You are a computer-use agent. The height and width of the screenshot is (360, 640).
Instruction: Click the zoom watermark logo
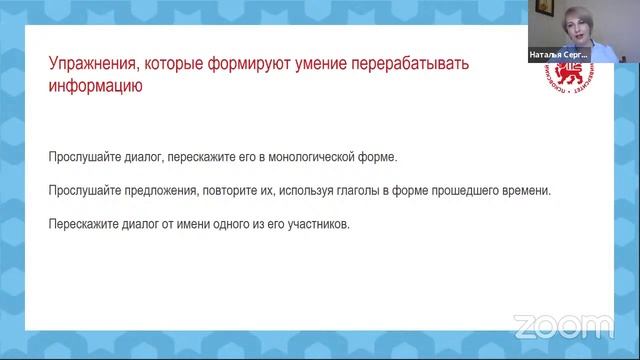(x=563, y=325)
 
